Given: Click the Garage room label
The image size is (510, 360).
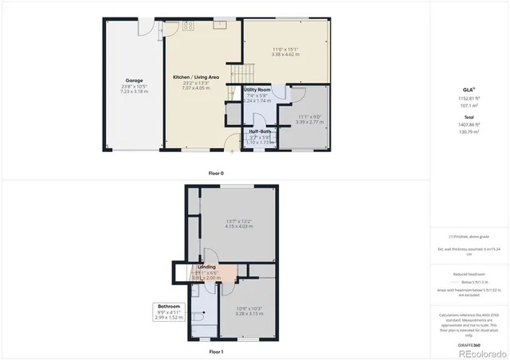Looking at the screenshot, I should [x=133, y=80].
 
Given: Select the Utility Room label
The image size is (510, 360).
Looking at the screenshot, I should [x=257, y=90].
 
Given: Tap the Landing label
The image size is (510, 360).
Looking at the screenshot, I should [x=207, y=267].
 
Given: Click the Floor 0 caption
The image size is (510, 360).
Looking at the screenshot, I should [x=216, y=173].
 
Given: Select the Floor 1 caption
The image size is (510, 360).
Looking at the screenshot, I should [x=216, y=351].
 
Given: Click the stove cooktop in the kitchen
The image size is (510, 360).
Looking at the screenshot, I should [x=189, y=25].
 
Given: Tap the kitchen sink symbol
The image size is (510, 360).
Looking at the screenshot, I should [x=219, y=24].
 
